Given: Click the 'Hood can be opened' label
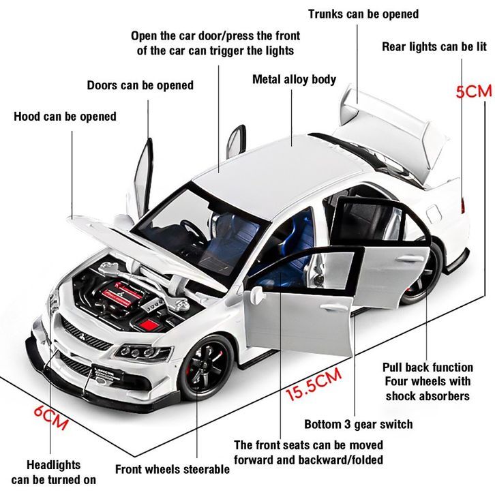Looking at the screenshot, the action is click(65, 117).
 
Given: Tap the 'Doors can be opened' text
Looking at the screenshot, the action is click(140, 85).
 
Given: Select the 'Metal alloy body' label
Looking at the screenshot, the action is click(294, 80).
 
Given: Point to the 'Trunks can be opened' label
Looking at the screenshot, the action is click(363, 14).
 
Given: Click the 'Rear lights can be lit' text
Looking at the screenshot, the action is click(434, 46).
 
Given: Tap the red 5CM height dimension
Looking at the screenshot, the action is click(473, 90).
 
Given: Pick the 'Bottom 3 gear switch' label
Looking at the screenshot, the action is click(358, 424).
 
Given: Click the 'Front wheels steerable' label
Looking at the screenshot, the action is click(172, 469).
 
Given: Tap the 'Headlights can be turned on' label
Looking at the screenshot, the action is click(53, 472).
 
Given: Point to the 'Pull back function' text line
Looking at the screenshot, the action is click(427, 367).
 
